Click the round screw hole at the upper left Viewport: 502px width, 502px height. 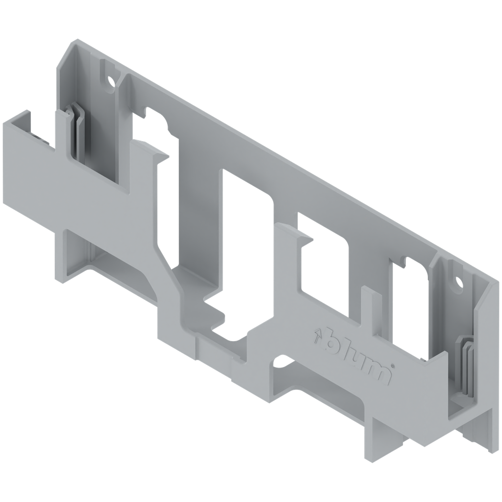[x=111, y=81]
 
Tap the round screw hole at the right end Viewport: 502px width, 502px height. [x=459, y=283]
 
